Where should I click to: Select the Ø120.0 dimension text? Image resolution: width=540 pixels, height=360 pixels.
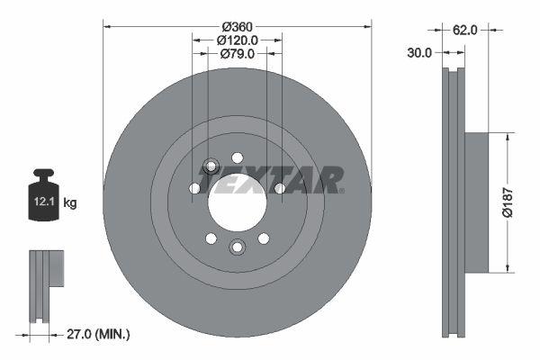click(x=238, y=40)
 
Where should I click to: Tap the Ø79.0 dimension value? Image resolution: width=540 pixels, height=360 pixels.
click(x=238, y=55)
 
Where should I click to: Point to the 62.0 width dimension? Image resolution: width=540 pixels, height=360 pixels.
click(x=464, y=30)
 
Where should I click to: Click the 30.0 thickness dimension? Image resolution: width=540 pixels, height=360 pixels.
click(x=419, y=53)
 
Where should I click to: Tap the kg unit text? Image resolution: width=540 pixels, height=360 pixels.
click(x=69, y=203)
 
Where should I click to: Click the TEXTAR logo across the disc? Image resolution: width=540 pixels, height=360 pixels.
click(x=270, y=181)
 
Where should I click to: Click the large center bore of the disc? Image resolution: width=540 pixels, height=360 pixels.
click(x=238, y=202)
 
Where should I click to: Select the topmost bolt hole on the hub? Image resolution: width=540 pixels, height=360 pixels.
click(x=238, y=157)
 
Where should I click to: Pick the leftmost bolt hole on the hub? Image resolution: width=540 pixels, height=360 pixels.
click(x=194, y=188)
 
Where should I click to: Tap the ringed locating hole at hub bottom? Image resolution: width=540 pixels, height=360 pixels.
click(x=238, y=247)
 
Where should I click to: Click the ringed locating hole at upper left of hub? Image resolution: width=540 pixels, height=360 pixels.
click(x=211, y=166)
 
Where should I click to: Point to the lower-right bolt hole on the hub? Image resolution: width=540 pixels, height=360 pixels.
click(x=264, y=238)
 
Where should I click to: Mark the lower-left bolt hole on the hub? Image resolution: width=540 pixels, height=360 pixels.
click(x=211, y=238)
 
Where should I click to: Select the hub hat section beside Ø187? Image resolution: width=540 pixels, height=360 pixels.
click(x=477, y=202)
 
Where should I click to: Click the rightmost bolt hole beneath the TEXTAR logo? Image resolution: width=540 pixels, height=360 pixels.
click(x=280, y=188)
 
